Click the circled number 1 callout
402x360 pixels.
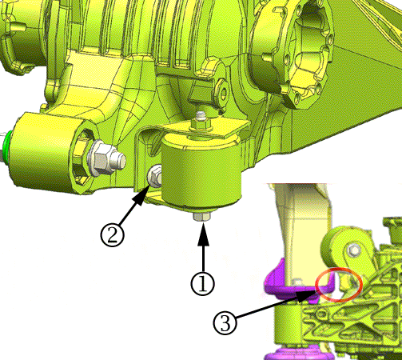pos(202,283)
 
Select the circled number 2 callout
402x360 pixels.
pos(112,235)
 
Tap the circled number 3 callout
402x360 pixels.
pos(225,323)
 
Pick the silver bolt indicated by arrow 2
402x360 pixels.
pos(154,176)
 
